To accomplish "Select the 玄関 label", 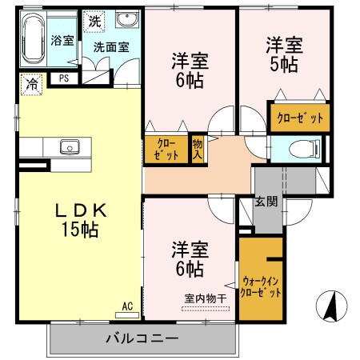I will coord(266,202).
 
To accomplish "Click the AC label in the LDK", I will coord(127,306).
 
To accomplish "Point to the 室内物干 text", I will coord(206,298).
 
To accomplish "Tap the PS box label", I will coord(62,78).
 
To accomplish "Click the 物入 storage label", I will coord(198,150).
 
